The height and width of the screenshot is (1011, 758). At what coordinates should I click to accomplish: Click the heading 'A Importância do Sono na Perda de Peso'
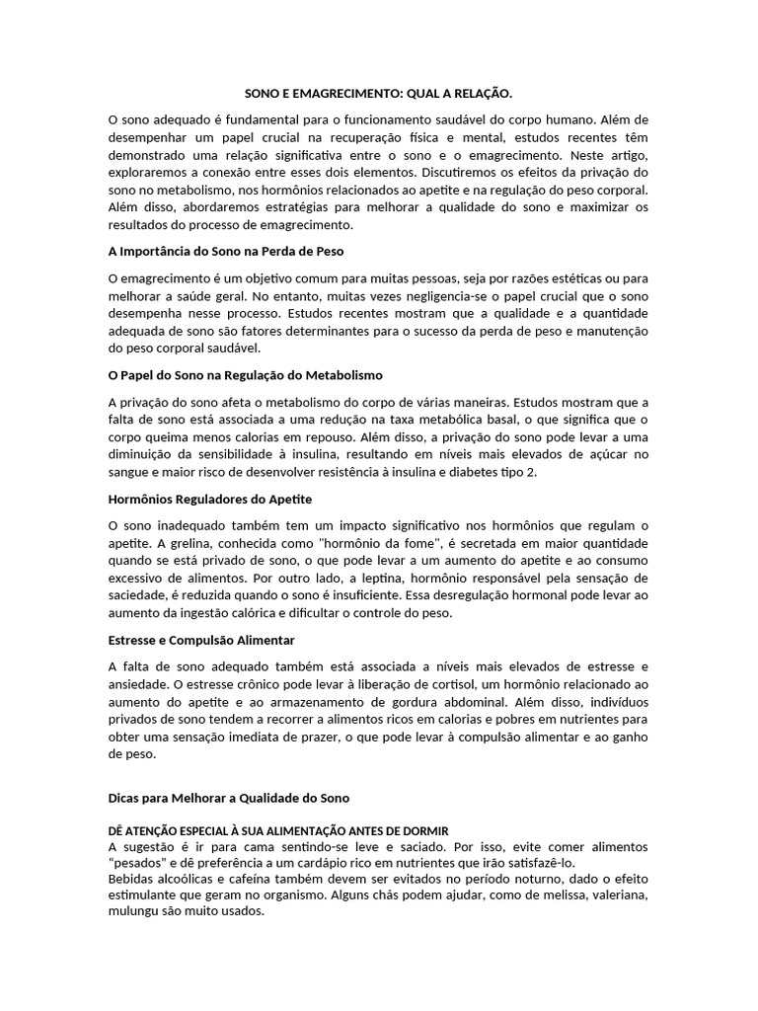pyautogui.click(x=225, y=253)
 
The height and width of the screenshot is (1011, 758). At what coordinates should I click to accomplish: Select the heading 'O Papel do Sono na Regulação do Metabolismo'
pyautogui.click(x=244, y=375)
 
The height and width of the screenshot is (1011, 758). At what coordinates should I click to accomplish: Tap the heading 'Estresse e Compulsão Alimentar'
pyautogui.click(x=200, y=639)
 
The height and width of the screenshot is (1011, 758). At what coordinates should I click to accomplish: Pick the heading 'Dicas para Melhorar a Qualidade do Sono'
pyautogui.click(x=228, y=797)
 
